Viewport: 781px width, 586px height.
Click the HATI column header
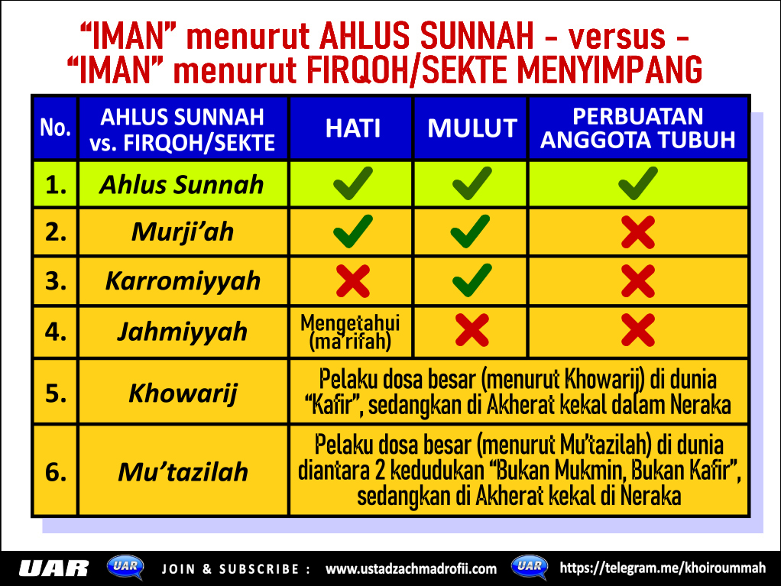352,128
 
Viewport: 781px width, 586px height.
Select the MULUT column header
472,128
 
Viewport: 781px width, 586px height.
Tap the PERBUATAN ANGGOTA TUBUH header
638,128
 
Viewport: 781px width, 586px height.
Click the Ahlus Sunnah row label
181,185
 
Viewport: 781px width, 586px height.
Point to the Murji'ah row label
183,232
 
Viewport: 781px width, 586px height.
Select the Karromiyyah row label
183,281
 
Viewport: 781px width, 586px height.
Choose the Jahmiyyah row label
183,332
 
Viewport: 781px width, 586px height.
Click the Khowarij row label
183,393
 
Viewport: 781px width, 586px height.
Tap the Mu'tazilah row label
183,471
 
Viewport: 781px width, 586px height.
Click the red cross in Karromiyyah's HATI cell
352,281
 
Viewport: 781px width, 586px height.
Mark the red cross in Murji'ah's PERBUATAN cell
638,232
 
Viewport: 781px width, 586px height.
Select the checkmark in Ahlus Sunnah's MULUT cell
472,183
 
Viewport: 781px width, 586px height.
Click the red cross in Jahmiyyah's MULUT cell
472,330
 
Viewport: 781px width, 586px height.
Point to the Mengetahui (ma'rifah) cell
350,332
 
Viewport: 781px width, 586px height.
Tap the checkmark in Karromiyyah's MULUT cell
472,280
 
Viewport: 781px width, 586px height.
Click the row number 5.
56,393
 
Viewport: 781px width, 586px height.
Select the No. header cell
55,128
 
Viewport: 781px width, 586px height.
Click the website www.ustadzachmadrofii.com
411,568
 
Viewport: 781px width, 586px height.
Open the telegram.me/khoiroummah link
663,568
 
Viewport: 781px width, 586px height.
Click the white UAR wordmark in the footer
53,568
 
